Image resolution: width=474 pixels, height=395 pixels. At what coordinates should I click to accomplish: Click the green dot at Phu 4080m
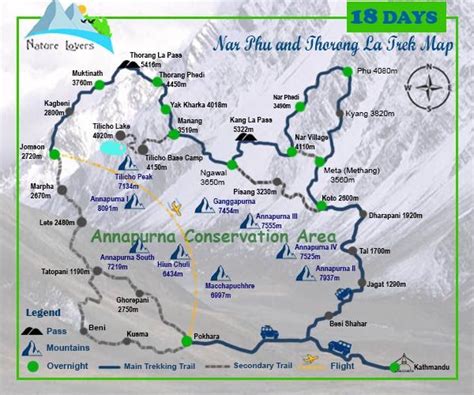click(346, 71)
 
